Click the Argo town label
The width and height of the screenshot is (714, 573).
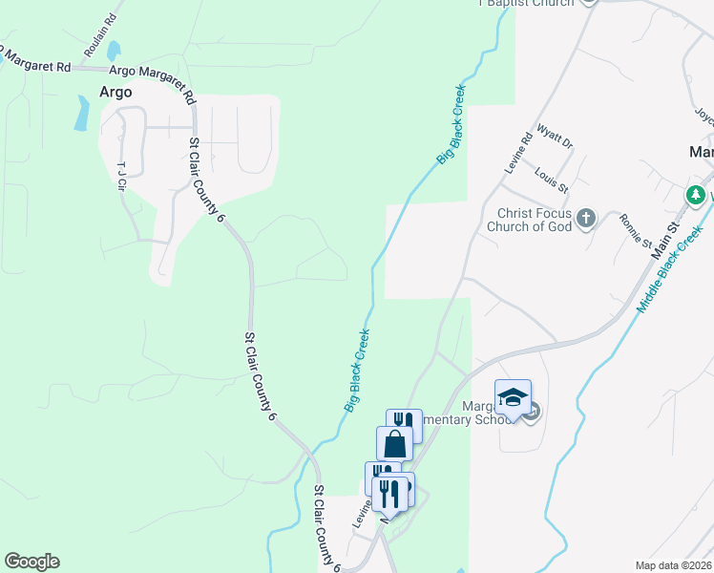coord(115,93)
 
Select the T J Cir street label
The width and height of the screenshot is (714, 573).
coord(121,176)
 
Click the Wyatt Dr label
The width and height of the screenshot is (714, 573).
coord(554,137)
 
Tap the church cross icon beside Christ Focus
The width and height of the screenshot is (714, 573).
coord(586,220)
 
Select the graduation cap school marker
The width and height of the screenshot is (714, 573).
coord(513,397)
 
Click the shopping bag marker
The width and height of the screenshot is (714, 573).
coord(395,444)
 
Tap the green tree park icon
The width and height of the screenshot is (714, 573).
coord(697,196)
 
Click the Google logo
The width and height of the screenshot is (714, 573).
coord(31,562)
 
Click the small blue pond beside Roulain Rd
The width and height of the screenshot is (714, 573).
coord(115,50)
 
